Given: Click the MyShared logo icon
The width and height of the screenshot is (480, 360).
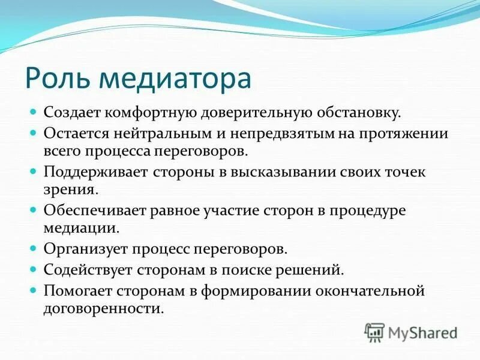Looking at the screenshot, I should coord(375,332).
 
